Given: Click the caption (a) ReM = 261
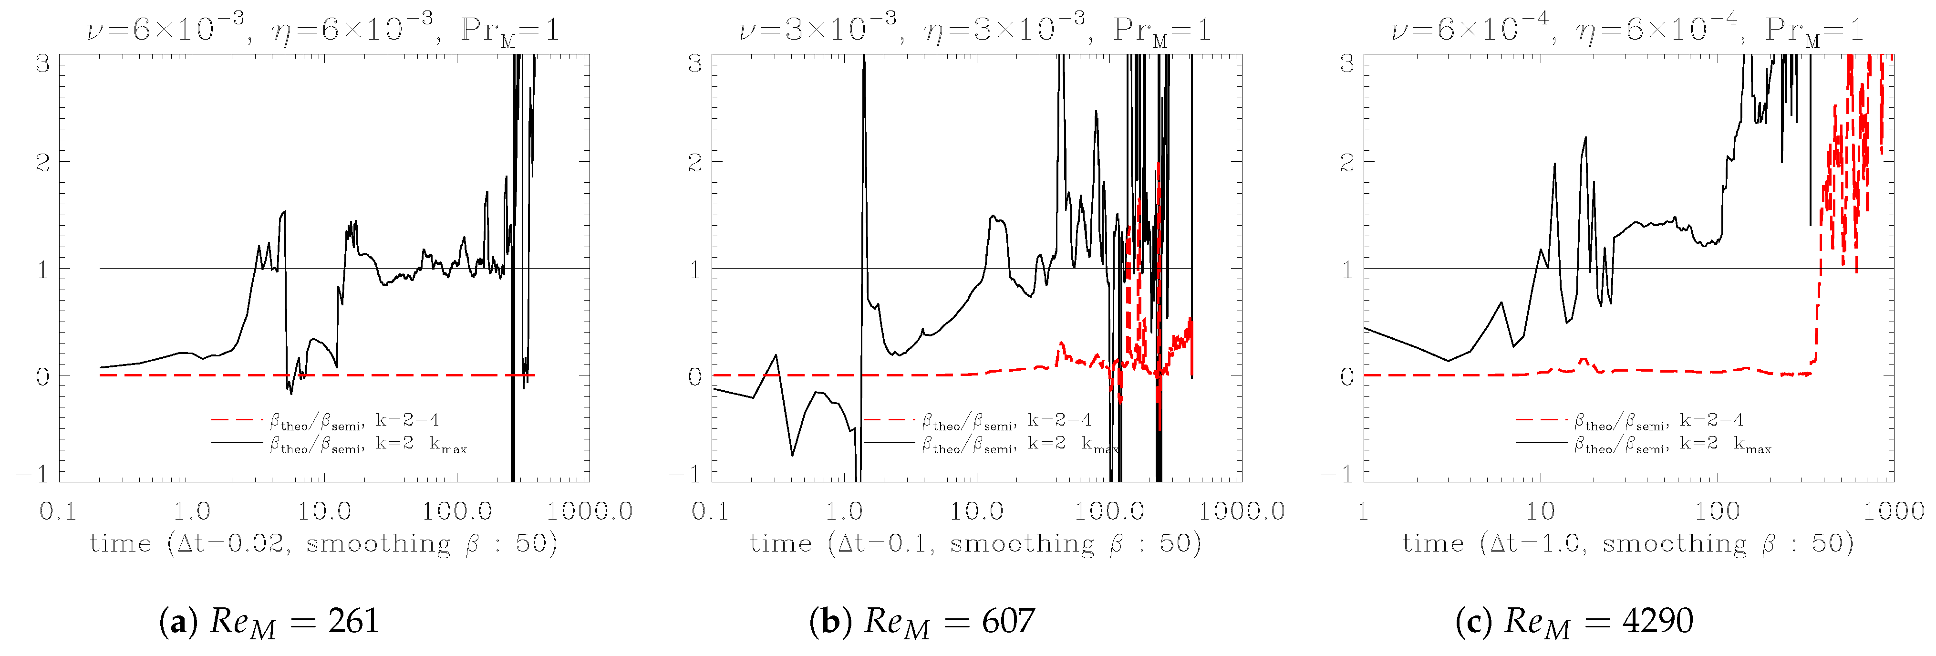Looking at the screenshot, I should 269,622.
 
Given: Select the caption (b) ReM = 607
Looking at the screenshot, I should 921,622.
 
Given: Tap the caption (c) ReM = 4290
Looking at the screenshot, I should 1574,622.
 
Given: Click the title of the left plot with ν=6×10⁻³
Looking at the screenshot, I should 323,30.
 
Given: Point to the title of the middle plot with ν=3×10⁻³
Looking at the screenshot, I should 975,30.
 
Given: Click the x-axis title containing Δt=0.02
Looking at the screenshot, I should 324,543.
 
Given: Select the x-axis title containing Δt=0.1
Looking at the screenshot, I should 975,543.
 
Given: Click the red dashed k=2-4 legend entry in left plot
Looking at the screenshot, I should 325,420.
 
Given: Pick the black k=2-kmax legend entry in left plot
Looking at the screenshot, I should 338,444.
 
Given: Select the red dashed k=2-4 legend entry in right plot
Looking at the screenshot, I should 1629,420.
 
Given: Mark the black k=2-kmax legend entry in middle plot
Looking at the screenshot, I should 991,444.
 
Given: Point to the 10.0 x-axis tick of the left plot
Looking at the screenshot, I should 324,512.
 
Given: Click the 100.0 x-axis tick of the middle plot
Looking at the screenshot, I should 1109,512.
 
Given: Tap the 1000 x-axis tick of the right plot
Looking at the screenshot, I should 1893,512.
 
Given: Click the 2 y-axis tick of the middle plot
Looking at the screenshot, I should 695,162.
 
